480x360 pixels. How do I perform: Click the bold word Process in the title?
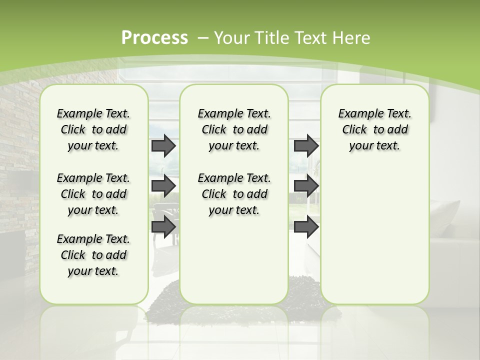coord(154,38)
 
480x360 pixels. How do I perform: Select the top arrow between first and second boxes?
coord(163,145)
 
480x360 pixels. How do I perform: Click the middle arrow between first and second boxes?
coord(163,186)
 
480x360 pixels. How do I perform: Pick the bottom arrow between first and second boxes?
coord(163,227)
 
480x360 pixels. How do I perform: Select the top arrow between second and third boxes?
coord(306,145)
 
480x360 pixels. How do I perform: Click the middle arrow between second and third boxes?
coord(306,186)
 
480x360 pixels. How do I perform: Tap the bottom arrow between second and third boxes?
coord(306,227)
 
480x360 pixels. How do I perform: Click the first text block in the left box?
coord(93,129)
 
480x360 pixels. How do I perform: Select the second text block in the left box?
coord(93,194)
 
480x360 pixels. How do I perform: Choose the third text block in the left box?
coord(93,255)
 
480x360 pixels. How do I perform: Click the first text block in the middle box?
coord(234,129)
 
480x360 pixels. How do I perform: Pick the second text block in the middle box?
coord(234,194)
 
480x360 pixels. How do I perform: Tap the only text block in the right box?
coord(374,129)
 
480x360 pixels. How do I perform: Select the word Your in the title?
coord(230,38)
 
